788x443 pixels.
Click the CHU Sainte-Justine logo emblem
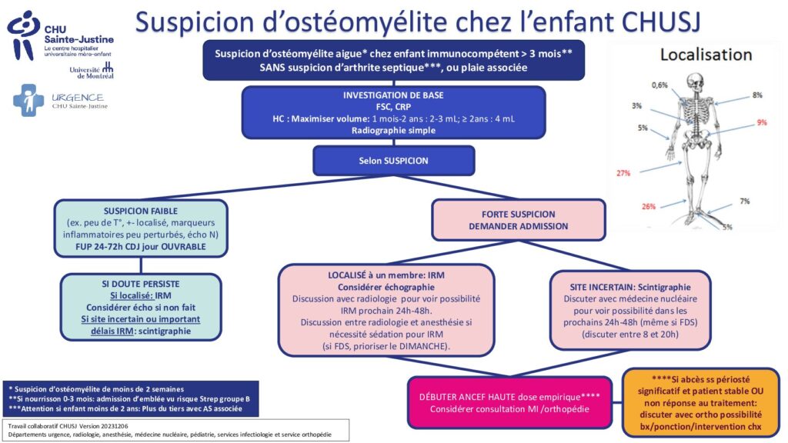[23, 35]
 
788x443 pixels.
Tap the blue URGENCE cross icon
[28, 101]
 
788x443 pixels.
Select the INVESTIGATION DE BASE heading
[393, 95]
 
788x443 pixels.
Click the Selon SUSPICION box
[393, 161]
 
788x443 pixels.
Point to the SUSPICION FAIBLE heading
[141, 211]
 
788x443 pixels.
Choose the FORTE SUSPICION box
[519, 220]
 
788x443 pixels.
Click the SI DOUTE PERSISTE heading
[141, 284]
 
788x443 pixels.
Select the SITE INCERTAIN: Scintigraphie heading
[630, 287]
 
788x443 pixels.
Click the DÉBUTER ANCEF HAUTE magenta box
[509, 403]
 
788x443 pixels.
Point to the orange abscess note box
[700, 403]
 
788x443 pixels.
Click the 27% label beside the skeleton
[623, 173]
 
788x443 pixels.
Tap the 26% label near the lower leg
[648, 206]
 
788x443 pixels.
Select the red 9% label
[762, 122]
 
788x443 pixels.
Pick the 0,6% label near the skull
[659, 85]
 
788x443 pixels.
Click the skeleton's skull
[695, 82]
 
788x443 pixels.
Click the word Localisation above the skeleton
[706, 55]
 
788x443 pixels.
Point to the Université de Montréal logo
[92, 71]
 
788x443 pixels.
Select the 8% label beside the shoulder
[757, 95]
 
